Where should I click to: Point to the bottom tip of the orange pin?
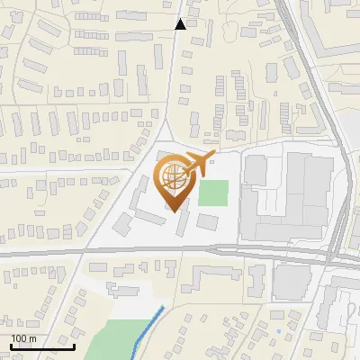point(174,211)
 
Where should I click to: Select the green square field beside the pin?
point(213,193)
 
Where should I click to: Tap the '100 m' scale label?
point(23,338)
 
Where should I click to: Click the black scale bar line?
point(41,346)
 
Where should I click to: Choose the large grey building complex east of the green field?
point(288,193)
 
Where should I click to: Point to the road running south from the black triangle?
point(173,90)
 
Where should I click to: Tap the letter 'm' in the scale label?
point(32,338)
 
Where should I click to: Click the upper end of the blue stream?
point(163,308)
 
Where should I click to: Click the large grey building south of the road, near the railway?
point(292,282)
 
